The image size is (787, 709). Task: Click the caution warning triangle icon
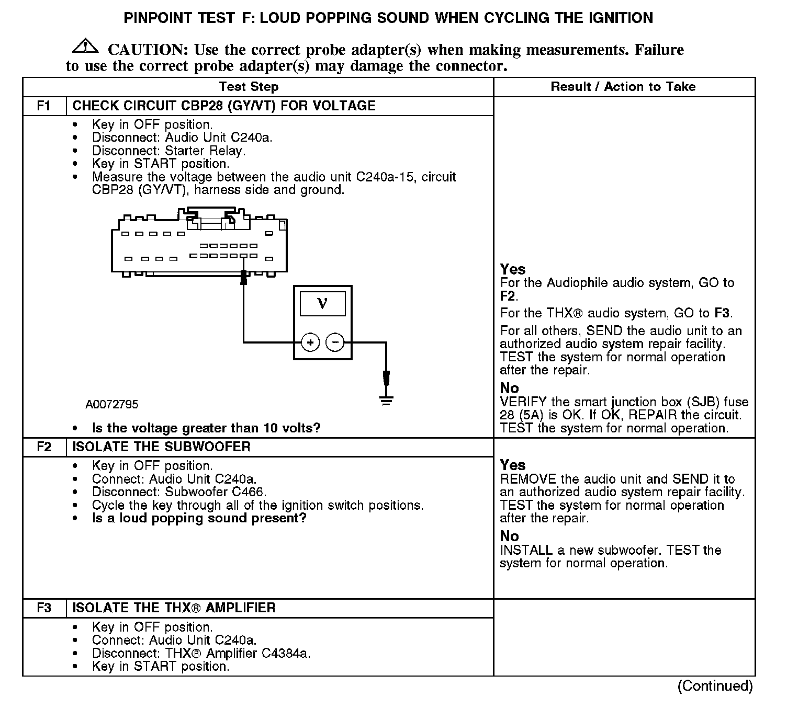85,47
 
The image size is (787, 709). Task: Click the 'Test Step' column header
249,87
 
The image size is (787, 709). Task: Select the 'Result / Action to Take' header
623,87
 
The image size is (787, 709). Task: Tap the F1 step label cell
44,106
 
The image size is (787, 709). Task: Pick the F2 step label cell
44,447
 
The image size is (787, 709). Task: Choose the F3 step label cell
44,608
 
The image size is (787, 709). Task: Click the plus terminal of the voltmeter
310,343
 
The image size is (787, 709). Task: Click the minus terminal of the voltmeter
335,343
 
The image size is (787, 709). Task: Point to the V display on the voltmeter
322,303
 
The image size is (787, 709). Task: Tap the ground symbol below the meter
386,401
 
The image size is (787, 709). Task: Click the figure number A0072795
112,405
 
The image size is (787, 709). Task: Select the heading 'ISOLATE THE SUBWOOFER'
161,447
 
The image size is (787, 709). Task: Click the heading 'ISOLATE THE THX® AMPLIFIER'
174,608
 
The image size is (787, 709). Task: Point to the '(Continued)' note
715,686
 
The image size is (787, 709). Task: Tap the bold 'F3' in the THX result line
722,313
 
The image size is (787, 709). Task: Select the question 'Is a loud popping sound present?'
199,519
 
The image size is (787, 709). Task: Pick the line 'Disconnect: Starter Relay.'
168,151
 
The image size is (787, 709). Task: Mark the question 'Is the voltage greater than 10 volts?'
206,428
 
